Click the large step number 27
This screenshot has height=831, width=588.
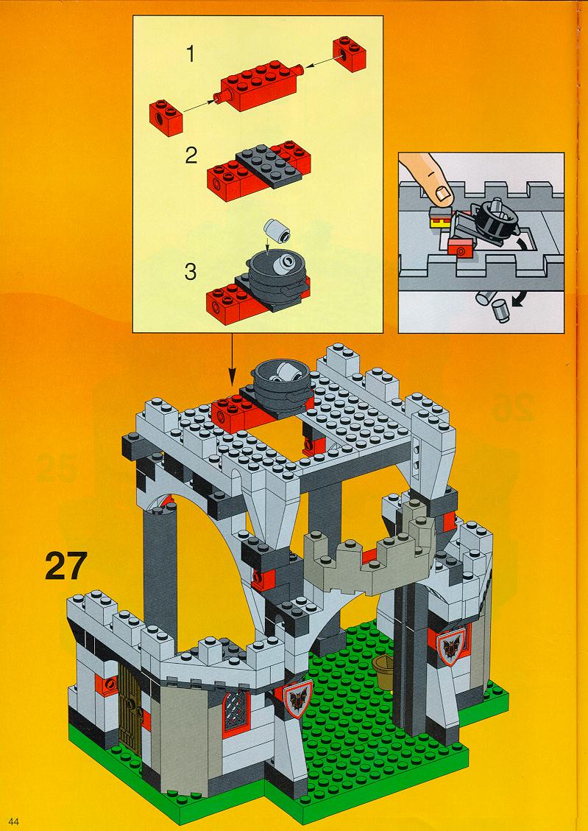66,566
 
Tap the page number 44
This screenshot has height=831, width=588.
14,821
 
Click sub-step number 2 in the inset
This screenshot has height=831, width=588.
191,155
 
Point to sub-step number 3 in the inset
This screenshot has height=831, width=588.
191,272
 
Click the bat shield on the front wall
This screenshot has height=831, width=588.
298,698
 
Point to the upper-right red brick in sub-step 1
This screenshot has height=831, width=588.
350,54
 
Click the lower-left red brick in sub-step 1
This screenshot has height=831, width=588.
166,116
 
